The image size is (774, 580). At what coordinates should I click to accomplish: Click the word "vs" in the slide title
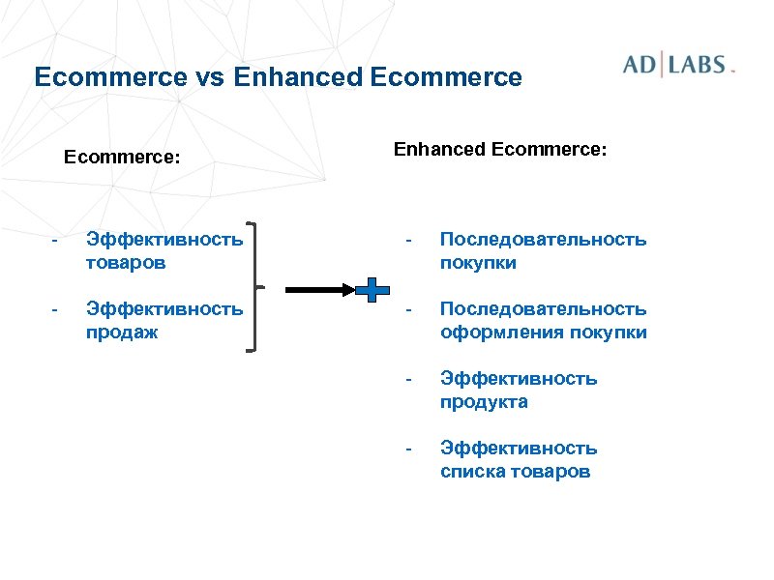coord(212,77)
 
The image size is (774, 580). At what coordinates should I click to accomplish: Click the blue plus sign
coord(372,288)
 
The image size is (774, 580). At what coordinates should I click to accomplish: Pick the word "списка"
coord(471,472)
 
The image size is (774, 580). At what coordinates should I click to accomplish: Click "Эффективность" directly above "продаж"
coord(164,309)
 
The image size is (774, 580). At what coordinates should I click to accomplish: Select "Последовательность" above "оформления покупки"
coord(543,309)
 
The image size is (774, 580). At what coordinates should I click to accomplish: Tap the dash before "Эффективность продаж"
coord(56,309)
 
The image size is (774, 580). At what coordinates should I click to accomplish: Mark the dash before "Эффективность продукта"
coord(409,379)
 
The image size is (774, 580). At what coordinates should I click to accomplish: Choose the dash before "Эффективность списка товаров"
coord(409,449)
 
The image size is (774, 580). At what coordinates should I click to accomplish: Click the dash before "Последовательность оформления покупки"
coord(409,309)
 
